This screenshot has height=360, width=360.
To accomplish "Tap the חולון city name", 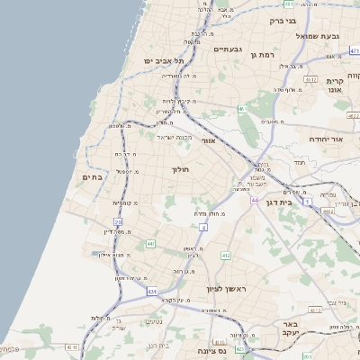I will [176, 167].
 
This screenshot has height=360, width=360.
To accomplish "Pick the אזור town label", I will [208, 140].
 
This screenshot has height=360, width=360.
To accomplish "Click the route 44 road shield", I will [255, 200].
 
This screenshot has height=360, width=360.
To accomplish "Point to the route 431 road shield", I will [152, 292].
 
